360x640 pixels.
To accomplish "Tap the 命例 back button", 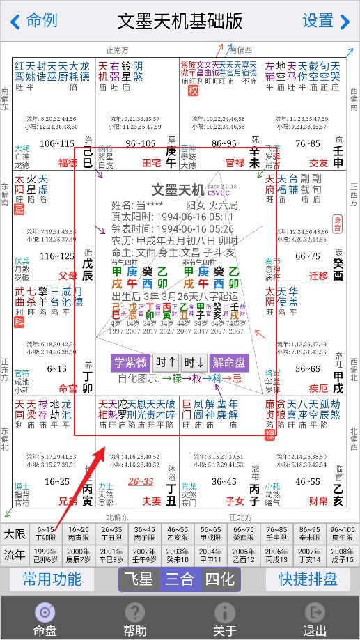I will click(33, 21).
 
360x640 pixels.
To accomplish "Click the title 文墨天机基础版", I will click(180, 21).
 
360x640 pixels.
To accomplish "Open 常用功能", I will click(52, 579).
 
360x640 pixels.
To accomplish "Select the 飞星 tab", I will click(139, 579).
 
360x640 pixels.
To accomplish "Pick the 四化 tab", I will click(220, 579).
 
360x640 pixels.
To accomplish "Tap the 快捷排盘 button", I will click(307, 579).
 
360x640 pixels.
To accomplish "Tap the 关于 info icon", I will click(224, 612).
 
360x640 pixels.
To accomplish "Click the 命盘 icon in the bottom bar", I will click(45, 612).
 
